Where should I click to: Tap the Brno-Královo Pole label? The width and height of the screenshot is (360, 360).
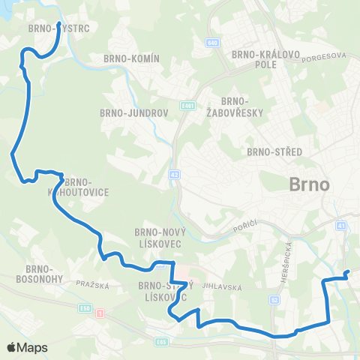(x=255, y=59)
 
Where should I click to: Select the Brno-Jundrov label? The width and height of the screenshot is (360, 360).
(x=125, y=113)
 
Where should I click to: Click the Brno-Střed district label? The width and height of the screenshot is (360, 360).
(x=274, y=151)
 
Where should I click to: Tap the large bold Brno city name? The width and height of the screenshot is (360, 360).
(x=309, y=184)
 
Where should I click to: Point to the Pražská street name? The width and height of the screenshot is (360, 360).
(x=93, y=285)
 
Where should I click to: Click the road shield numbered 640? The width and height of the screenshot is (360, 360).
(x=214, y=42)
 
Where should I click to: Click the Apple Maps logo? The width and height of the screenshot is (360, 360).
(x=27, y=347)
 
